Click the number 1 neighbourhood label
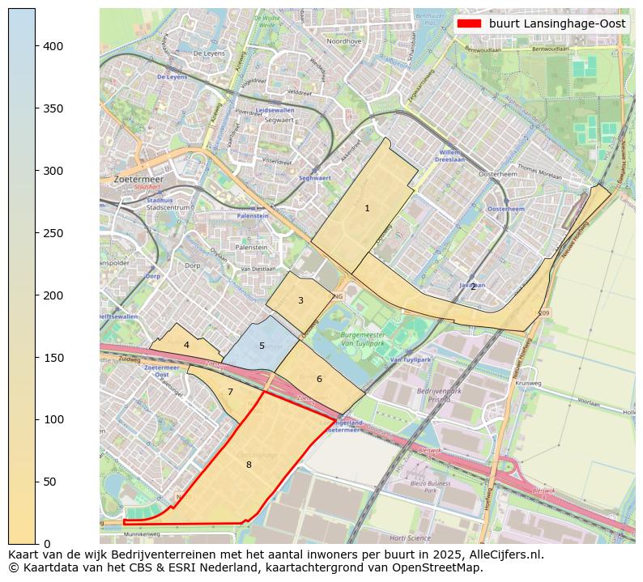point(367,209)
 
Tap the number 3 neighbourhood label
point(300,301)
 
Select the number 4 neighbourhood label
point(186,345)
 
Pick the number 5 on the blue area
point(262,346)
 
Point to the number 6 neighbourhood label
point(319,379)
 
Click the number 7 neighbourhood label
point(230,393)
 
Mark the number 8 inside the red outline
point(249,465)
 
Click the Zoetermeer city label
point(138,179)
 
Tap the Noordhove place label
point(344,40)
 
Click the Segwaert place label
point(279,120)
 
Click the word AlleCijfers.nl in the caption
point(505,555)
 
